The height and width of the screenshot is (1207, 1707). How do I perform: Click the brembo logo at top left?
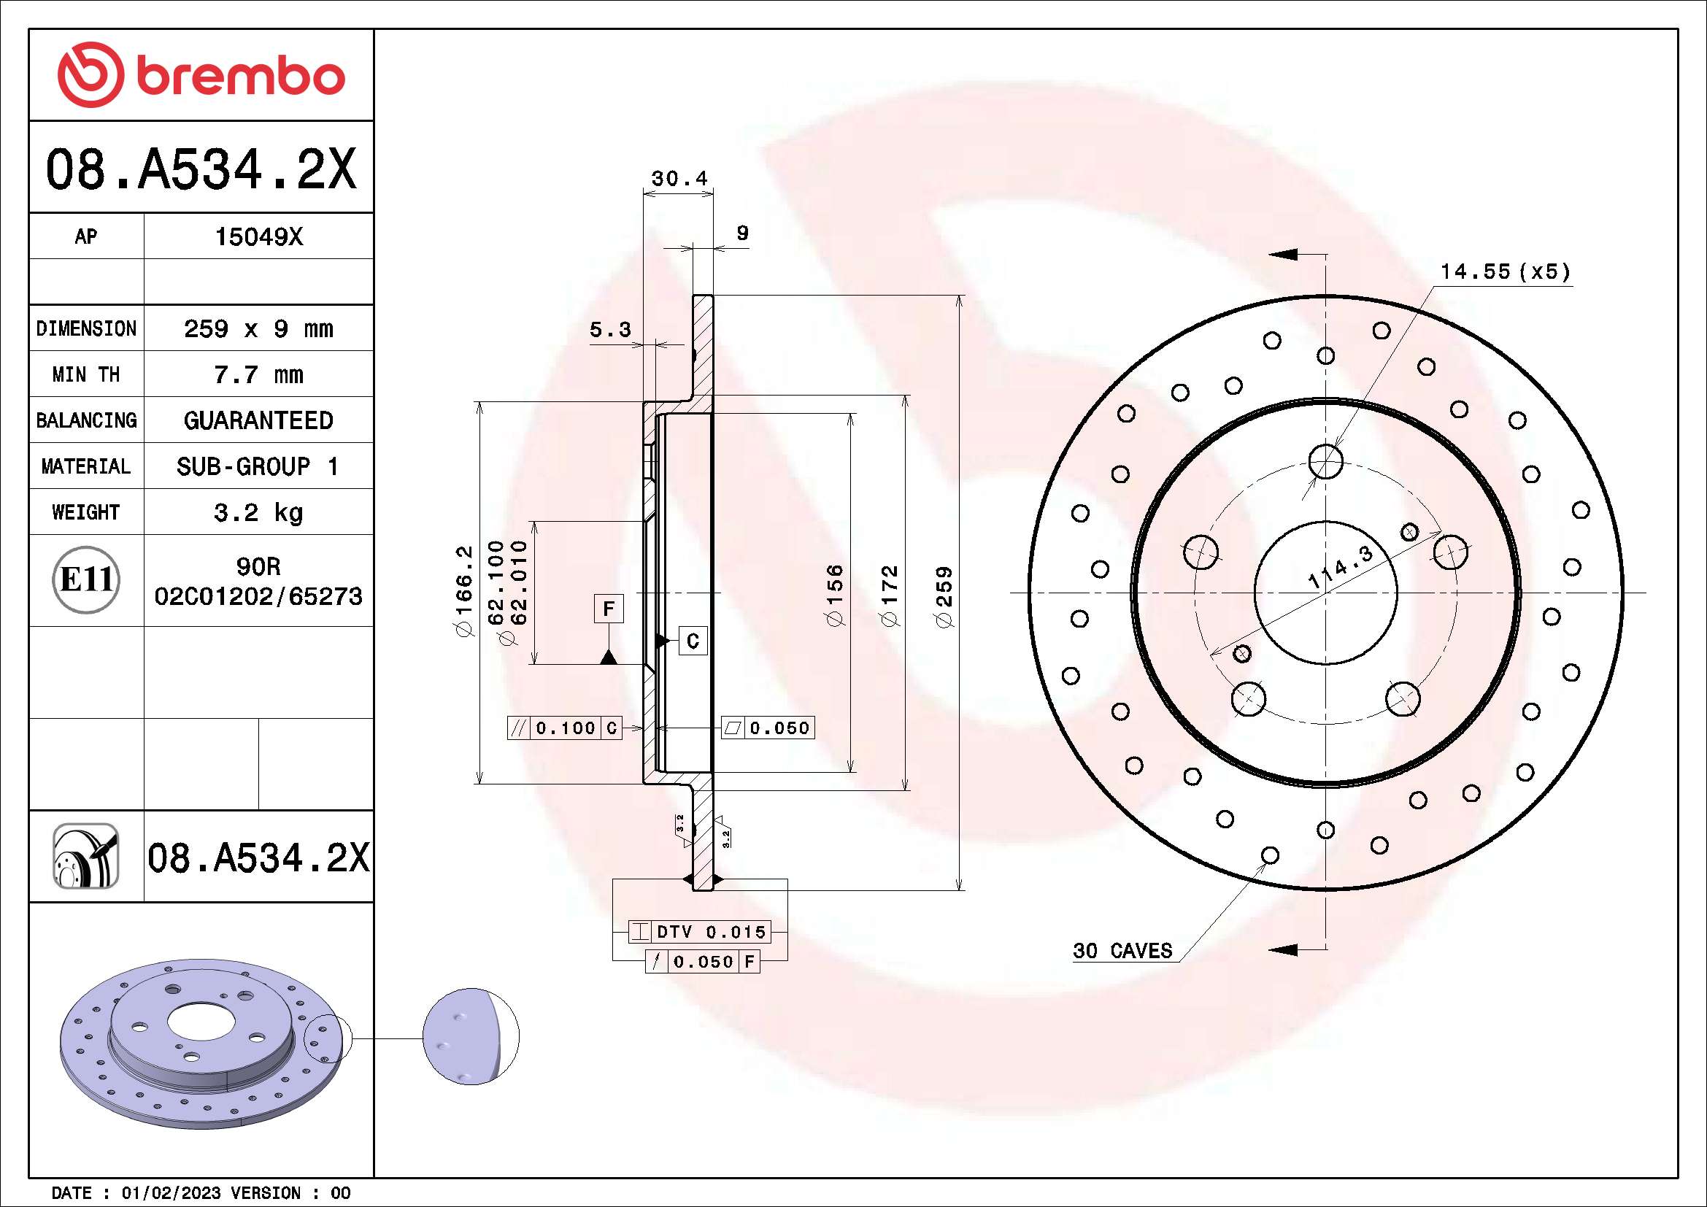click(201, 76)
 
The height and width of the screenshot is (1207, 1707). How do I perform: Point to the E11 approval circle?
click(86, 579)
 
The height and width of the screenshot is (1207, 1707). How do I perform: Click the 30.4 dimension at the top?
click(679, 179)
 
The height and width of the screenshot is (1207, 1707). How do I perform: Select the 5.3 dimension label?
click(609, 329)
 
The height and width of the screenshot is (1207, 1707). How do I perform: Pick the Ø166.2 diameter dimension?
click(464, 592)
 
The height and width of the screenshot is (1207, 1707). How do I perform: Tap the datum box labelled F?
click(608, 609)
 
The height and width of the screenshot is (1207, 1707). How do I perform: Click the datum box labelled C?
click(692, 641)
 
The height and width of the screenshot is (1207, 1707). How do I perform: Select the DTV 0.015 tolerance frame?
click(699, 932)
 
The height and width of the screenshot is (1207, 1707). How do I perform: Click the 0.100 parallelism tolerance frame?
click(564, 728)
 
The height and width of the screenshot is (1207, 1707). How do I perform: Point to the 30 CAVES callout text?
click(1122, 951)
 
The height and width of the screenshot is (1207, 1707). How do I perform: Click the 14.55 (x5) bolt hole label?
click(1506, 272)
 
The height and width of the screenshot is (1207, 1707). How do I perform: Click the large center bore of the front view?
click(1325, 593)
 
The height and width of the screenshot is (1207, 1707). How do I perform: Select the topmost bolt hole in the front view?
click(1325, 461)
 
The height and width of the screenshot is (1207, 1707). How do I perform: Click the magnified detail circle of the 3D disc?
click(471, 1036)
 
